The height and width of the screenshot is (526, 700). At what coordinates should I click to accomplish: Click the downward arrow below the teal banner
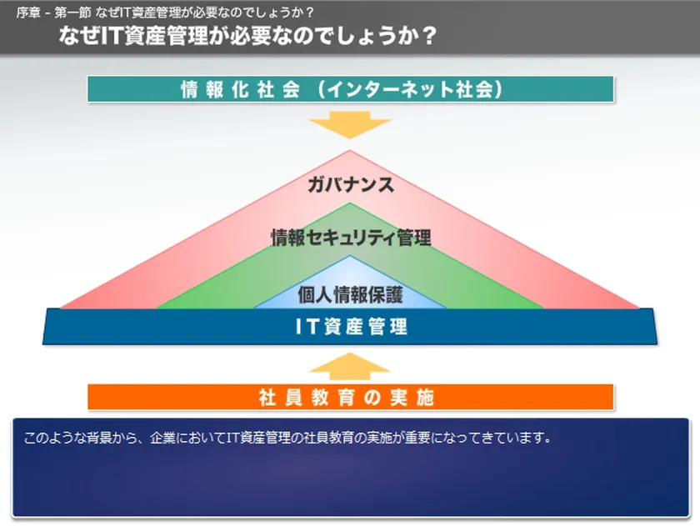tap(350, 124)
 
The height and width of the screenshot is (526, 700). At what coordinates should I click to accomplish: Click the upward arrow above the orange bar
tap(350, 366)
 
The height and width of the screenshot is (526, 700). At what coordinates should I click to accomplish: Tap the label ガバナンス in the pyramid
tap(351, 184)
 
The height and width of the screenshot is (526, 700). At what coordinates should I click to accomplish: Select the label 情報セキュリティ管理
tap(351, 237)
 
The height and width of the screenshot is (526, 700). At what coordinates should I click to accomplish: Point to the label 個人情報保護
tap(351, 295)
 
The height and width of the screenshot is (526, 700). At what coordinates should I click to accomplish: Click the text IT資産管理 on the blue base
tap(352, 327)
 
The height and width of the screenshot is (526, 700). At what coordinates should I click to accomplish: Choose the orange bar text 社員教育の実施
tap(347, 397)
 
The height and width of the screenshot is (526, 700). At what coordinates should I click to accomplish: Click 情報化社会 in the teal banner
tap(240, 89)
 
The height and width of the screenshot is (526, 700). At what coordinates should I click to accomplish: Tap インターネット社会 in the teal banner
tap(410, 89)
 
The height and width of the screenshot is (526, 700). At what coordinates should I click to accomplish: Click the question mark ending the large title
tap(428, 36)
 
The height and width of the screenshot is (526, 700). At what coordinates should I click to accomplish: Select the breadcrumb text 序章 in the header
tap(28, 13)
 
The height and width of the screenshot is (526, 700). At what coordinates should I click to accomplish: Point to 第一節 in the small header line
tap(72, 13)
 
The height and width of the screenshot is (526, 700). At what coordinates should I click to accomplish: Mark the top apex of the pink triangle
tap(350, 151)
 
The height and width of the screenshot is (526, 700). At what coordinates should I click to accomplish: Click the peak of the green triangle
tap(350, 203)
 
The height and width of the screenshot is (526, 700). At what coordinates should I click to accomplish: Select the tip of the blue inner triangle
tap(350, 256)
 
